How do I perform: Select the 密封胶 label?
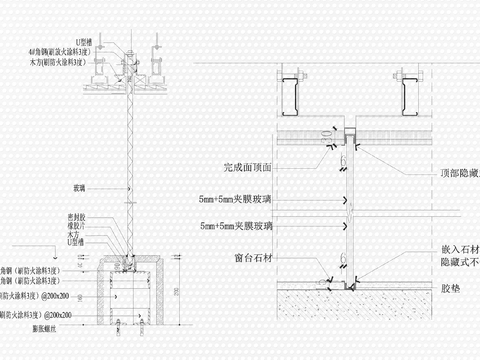coord(73,216)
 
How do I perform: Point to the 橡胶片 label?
coord(73,224)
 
